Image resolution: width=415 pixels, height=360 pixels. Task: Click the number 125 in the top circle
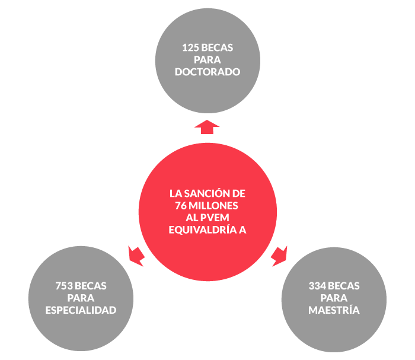191,47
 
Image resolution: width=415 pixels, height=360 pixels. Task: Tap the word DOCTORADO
207,72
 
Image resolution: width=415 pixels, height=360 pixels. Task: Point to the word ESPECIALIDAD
81,310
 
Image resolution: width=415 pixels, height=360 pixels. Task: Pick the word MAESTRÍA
334,310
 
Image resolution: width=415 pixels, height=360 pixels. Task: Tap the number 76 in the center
181,205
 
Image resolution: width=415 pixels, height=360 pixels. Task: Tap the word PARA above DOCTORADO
207,60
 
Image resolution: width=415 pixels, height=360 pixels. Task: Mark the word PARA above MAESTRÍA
334,298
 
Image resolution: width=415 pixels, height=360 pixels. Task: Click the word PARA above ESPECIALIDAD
81,298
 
